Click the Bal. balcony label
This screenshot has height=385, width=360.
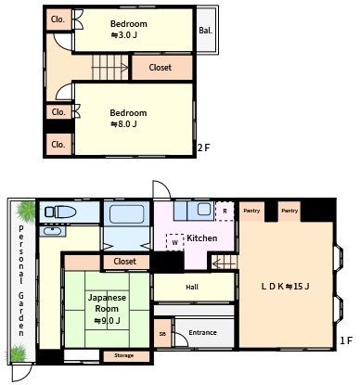click(205, 31)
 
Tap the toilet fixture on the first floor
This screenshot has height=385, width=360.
click(60, 212)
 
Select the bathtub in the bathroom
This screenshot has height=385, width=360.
click(127, 213)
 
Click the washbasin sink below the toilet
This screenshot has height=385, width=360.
click(53, 231)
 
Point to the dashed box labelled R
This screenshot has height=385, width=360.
click(225, 212)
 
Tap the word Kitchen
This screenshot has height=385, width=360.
click(202, 238)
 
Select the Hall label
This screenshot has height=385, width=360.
click(192, 287)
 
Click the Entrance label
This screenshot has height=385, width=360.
click(202, 332)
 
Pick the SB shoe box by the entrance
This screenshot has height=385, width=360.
click(162, 334)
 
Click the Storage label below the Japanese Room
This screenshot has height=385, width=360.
click(124, 355)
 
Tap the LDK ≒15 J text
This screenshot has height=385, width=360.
click(285, 287)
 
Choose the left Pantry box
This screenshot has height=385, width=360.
click(251, 211)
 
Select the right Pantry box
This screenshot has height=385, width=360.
click(289, 211)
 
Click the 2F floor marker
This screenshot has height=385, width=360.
click(204, 148)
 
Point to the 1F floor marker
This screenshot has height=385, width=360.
click(346, 340)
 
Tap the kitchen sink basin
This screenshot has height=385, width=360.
click(204, 210)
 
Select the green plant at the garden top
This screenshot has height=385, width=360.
click(26, 212)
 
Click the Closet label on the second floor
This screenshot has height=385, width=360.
click(160, 68)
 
